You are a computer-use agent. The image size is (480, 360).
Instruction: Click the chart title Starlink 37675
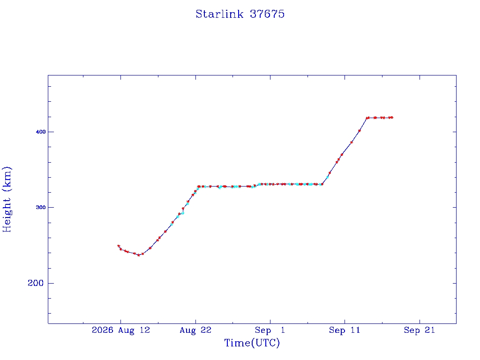pyautogui.click(x=240, y=14)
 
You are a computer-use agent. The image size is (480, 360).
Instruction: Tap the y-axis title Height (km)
pyautogui.click(x=7, y=199)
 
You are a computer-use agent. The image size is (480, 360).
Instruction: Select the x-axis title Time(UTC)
pyautogui.click(x=252, y=343)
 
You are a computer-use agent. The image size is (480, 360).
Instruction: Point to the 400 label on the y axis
pyautogui.click(x=41, y=132)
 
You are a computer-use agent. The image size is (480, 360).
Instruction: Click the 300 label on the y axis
pyautogui.click(x=41, y=208)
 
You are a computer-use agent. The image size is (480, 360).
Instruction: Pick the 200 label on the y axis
pyautogui.click(x=36, y=283)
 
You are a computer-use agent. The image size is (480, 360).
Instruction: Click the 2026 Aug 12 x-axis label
pyautogui.click(x=121, y=330)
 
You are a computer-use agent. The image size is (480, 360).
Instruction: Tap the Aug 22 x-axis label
pyautogui.click(x=195, y=330)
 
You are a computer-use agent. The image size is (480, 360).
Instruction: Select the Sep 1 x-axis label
pyautogui.click(x=270, y=330)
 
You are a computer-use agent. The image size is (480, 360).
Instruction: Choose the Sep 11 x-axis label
pyautogui.click(x=345, y=330)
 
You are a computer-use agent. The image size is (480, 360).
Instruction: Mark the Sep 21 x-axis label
pyautogui.click(x=420, y=330)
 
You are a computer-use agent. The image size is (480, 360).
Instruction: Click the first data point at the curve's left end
pyautogui.click(x=119, y=246)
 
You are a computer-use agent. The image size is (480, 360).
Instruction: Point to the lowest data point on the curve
pyautogui.click(x=139, y=255)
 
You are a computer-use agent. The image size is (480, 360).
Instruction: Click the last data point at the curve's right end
pyautogui.click(x=391, y=118)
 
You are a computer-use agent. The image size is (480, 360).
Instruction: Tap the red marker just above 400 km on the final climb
pyautogui.click(x=360, y=131)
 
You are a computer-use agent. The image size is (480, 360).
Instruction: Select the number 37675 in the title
pyautogui.click(x=267, y=14)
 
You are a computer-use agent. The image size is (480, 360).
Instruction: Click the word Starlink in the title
pyautogui.click(x=219, y=14)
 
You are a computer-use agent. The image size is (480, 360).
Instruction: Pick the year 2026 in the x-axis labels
pyautogui.click(x=103, y=330)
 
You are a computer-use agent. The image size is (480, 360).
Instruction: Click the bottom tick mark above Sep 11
pyautogui.click(x=345, y=322)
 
